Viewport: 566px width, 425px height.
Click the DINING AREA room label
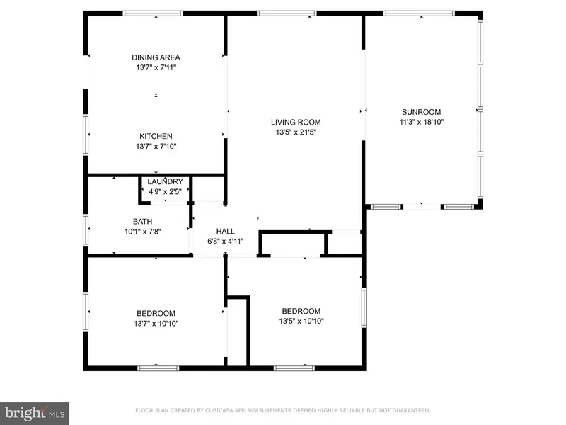[x=156, y=57]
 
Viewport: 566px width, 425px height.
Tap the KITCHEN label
[x=156, y=136]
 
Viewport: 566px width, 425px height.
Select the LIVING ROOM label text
[x=296, y=122]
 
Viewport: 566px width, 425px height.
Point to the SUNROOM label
[x=421, y=112]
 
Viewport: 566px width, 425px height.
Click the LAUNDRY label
[x=165, y=181]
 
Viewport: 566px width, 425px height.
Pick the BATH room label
[x=143, y=222]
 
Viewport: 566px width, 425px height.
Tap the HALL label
[x=226, y=232]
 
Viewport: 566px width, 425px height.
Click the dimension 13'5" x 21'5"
[x=296, y=132]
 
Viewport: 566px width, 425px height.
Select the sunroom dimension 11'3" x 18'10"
[x=421, y=122]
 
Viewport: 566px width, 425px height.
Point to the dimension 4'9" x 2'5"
[x=165, y=191]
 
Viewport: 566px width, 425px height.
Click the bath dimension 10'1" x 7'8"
[x=143, y=232]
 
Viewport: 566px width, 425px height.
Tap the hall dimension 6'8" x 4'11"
[x=226, y=242]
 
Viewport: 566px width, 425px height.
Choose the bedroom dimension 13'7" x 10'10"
[x=156, y=324]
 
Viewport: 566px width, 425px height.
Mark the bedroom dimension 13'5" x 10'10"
[x=301, y=321]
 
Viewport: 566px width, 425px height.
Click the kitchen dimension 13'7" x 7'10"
[x=156, y=147]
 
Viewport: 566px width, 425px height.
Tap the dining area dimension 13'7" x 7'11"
[x=156, y=67]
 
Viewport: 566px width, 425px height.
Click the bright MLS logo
[x=34, y=414]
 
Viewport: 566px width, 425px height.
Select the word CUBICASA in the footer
[x=220, y=411]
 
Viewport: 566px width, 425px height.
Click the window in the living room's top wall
[x=287, y=13]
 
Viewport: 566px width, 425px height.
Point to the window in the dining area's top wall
[x=153, y=13]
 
